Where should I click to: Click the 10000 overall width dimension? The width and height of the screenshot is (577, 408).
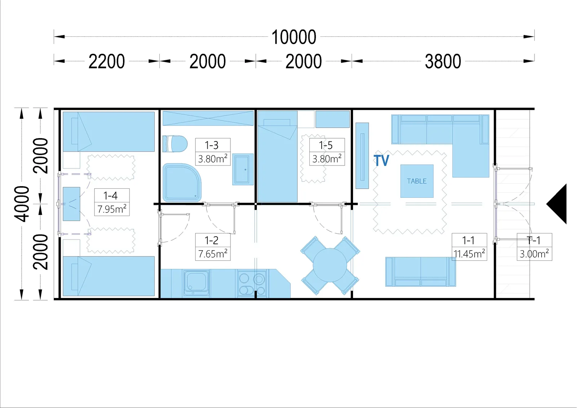point(294,37)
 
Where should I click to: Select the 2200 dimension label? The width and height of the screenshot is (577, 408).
point(107,62)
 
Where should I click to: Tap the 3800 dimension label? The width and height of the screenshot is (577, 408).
point(443,62)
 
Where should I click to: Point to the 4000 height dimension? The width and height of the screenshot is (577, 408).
point(22,203)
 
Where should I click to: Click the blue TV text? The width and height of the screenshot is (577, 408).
point(381,160)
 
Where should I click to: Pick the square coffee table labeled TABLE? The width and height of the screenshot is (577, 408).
point(417,181)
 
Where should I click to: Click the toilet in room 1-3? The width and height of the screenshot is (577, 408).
point(175,144)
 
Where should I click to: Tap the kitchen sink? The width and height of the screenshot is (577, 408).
point(196,283)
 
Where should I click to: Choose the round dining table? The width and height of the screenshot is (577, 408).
point(330,265)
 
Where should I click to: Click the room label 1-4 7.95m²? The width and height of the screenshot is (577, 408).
point(112,202)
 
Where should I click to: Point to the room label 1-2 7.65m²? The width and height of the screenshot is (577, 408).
point(213,247)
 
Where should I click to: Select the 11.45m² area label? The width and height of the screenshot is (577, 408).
point(469,254)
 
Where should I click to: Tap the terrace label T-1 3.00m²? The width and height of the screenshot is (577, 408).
point(534,247)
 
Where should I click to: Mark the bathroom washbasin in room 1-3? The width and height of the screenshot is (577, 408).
point(243,170)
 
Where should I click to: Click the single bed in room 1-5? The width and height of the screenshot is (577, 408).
point(277,157)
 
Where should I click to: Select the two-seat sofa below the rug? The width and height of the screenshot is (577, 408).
point(420,272)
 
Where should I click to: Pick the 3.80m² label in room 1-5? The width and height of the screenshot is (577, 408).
point(327,159)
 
